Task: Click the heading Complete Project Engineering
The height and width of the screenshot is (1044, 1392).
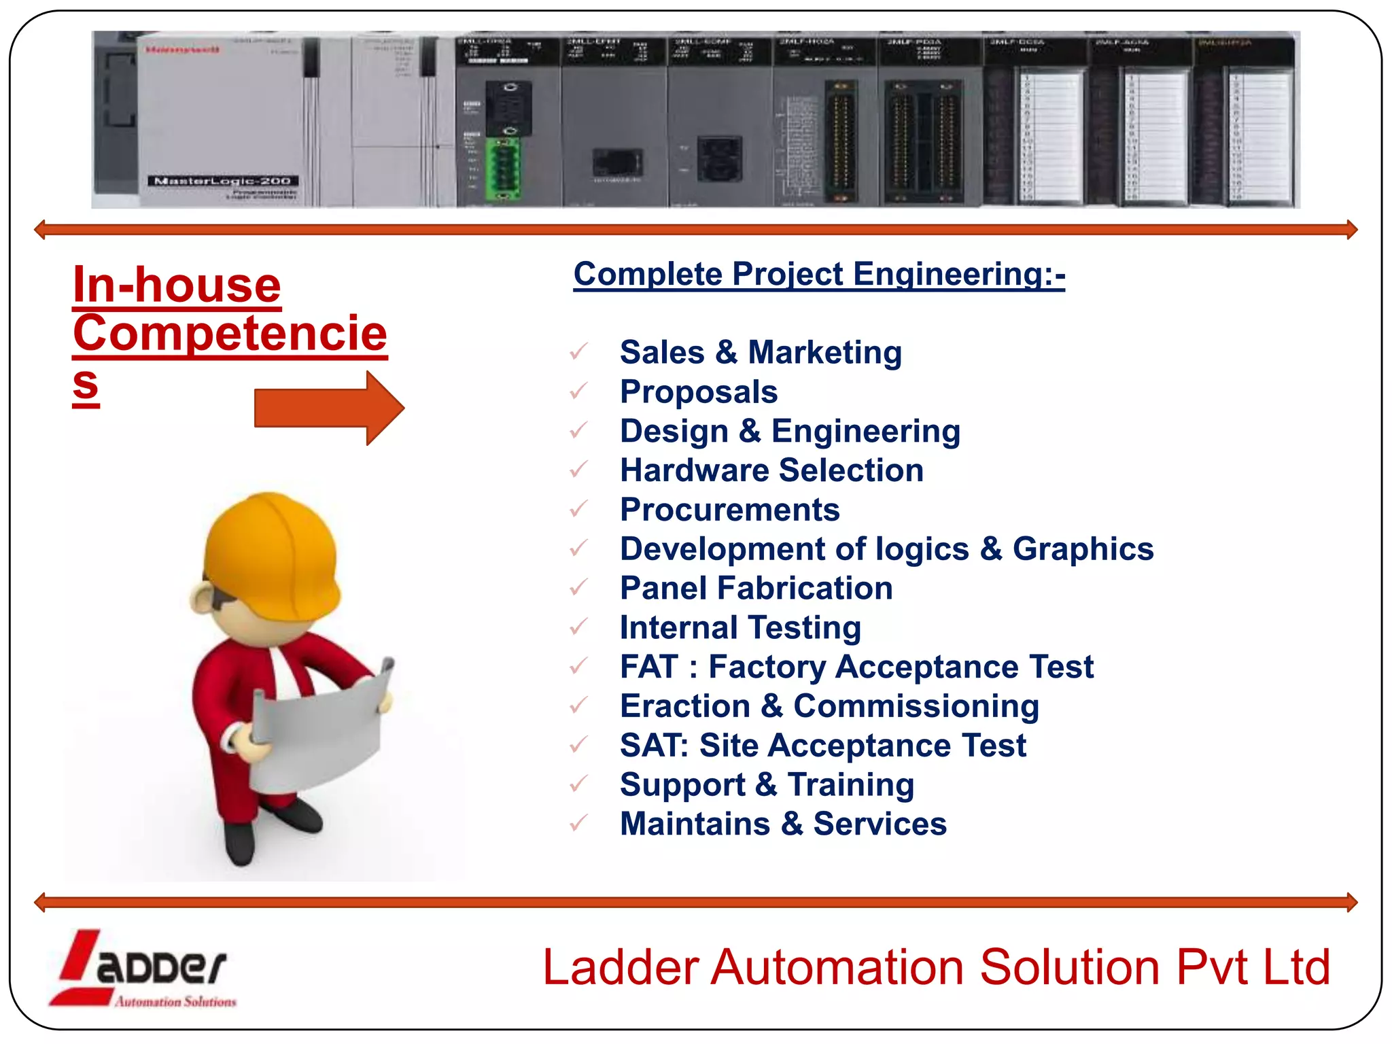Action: point(818,275)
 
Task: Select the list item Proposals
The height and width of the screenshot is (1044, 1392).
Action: point(698,392)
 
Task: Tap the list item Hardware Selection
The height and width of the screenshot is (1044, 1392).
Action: point(771,470)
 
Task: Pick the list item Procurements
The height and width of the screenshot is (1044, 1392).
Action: point(729,510)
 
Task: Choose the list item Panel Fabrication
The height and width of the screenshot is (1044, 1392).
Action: point(756,589)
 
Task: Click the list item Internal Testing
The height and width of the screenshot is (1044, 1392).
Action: point(740,628)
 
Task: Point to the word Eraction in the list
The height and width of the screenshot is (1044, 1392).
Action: point(684,706)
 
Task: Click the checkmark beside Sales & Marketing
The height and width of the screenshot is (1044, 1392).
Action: point(578,352)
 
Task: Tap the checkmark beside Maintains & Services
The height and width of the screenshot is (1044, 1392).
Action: point(578,824)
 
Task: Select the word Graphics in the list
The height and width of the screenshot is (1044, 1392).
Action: point(1083,549)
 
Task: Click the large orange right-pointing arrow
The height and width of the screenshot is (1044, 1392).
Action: point(330,408)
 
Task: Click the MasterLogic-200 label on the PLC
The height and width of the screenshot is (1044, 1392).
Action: point(222,181)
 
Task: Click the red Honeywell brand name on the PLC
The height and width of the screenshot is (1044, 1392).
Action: point(182,50)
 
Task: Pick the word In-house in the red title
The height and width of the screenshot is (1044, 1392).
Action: point(177,285)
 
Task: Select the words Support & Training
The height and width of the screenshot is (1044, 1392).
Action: point(767,785)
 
